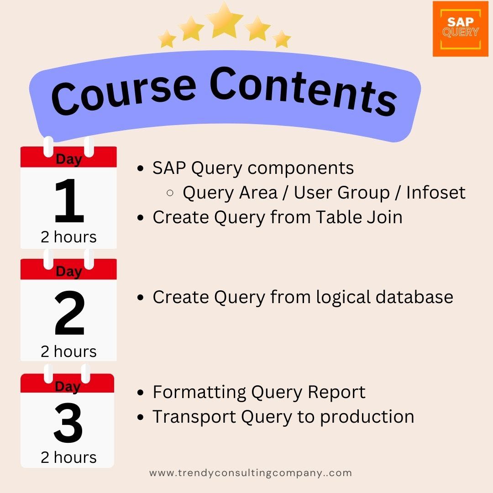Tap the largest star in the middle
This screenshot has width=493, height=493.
[x=224, y=20]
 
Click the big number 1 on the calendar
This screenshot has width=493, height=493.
[x=69, y=201]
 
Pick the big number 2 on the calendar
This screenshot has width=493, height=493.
[x=69, y=314]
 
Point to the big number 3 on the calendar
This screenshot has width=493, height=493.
[x=68, y=422]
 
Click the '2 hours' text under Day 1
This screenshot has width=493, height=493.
[x=68, y=237]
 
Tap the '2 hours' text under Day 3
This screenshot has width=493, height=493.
[x=68, y=457]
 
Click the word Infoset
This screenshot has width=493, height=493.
[x=435, y=193]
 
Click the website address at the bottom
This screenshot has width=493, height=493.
[x=251, y=473]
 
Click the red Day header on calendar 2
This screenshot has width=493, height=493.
[x=68, y=271]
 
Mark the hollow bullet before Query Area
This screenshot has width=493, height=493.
[x=170, y=193]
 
